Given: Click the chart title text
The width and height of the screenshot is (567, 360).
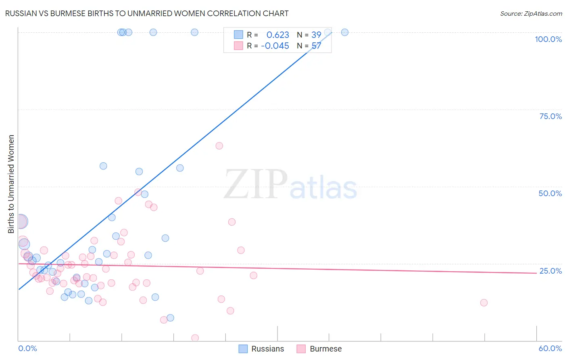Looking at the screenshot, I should [147, 13].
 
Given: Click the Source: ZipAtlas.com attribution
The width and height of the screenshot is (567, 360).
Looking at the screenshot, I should [531, 13].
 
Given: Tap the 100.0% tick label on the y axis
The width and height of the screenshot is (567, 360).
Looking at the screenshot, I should [548, 39].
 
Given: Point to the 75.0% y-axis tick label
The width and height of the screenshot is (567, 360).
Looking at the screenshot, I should [550, 116].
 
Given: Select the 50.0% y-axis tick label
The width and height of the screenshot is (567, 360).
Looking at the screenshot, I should [550, 193].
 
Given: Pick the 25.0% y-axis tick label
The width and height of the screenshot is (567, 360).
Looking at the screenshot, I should [550, 271].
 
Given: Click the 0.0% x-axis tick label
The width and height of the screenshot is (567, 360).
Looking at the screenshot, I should [27, 348].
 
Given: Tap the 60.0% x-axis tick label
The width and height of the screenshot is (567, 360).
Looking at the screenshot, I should [550, 348].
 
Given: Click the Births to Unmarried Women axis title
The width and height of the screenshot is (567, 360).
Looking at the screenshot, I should [11, 184].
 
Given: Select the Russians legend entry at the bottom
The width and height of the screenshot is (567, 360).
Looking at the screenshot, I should [261, 349].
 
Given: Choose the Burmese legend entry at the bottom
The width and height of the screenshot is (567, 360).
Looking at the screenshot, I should [319, 349].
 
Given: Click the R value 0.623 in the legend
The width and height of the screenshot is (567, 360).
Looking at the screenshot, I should [278, 35].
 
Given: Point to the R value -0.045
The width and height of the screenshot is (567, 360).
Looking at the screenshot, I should [275, 46].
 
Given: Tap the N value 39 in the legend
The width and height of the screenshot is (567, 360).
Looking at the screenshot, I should [316, 35].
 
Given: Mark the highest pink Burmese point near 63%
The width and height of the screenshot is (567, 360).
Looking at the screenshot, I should [219, 146].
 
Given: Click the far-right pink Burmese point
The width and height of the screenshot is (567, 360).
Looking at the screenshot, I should [484, 303].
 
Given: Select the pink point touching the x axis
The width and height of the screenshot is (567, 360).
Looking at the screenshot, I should [195, 338].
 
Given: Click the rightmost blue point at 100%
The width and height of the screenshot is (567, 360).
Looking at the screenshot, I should [345, 32].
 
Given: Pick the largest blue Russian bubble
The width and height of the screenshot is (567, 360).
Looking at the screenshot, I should [21, 221].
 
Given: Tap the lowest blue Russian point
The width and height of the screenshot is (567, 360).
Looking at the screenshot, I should [170, 318].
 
